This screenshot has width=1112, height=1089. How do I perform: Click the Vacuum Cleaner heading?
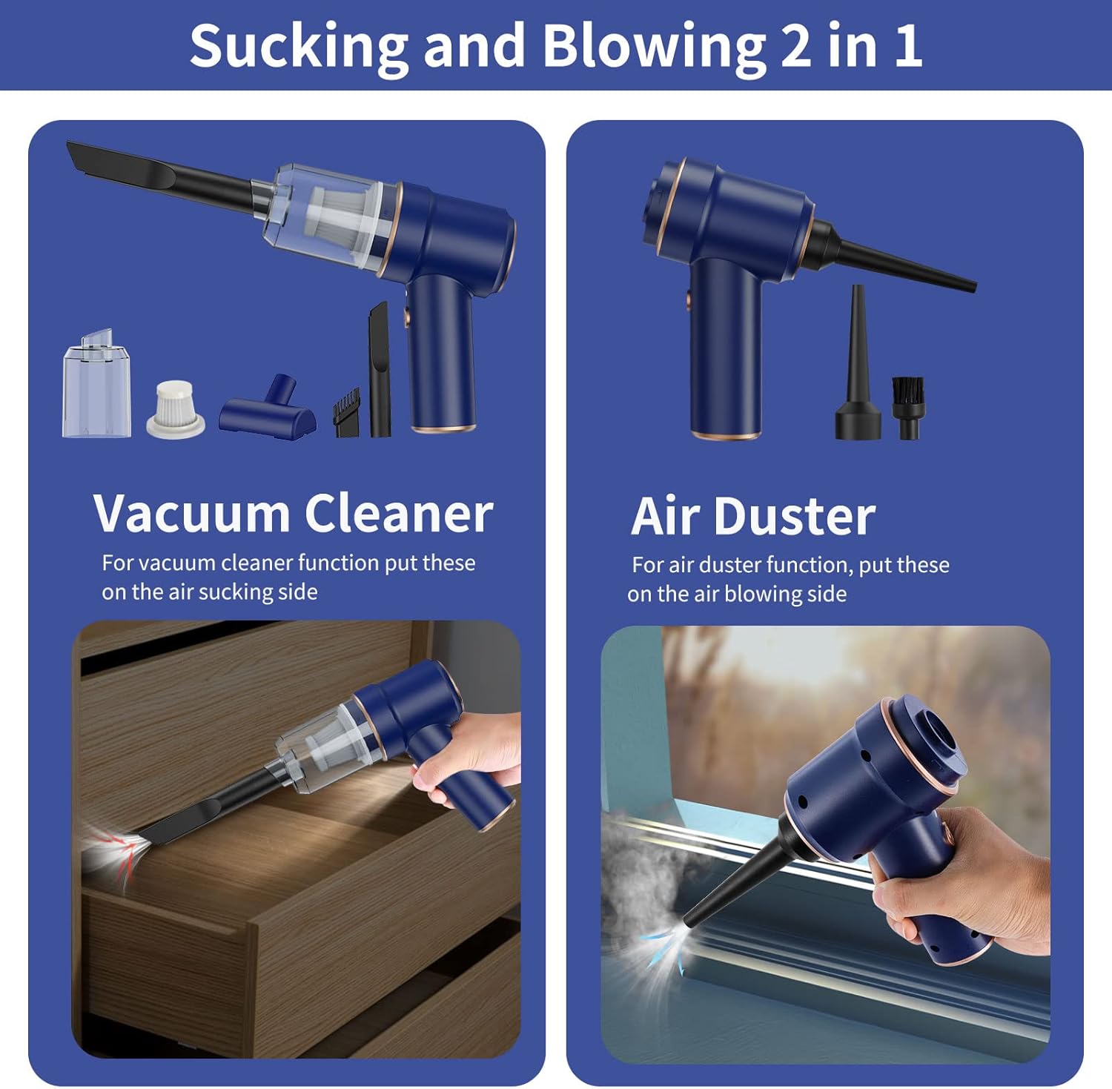[x=294, y=513]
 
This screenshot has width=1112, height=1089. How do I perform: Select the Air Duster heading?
[x=753, y=516]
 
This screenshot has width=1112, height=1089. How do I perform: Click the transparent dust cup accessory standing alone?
[x=96, y=383]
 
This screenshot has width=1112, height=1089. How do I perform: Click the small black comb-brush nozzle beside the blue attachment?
[x=346, y=412]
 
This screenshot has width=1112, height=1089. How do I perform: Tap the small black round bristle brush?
[x=908, y=408]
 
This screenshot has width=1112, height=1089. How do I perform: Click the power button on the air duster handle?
[x=689, y=300]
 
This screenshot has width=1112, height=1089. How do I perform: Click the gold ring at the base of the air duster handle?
[x=726, y=434]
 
